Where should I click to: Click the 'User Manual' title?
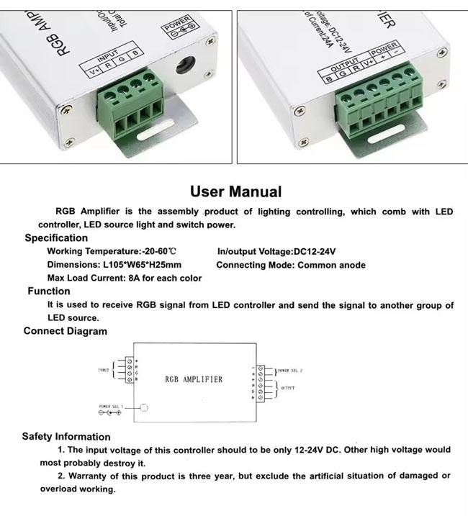235,191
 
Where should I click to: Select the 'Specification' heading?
56,237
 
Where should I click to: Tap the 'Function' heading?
49,291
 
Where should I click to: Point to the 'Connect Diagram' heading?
65,331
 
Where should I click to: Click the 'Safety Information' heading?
66,436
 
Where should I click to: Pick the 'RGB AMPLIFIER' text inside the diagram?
194,379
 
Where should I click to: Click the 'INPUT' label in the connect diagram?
102,371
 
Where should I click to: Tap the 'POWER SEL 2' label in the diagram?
290,371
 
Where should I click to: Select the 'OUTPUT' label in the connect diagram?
286,388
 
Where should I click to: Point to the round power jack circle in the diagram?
143,408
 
